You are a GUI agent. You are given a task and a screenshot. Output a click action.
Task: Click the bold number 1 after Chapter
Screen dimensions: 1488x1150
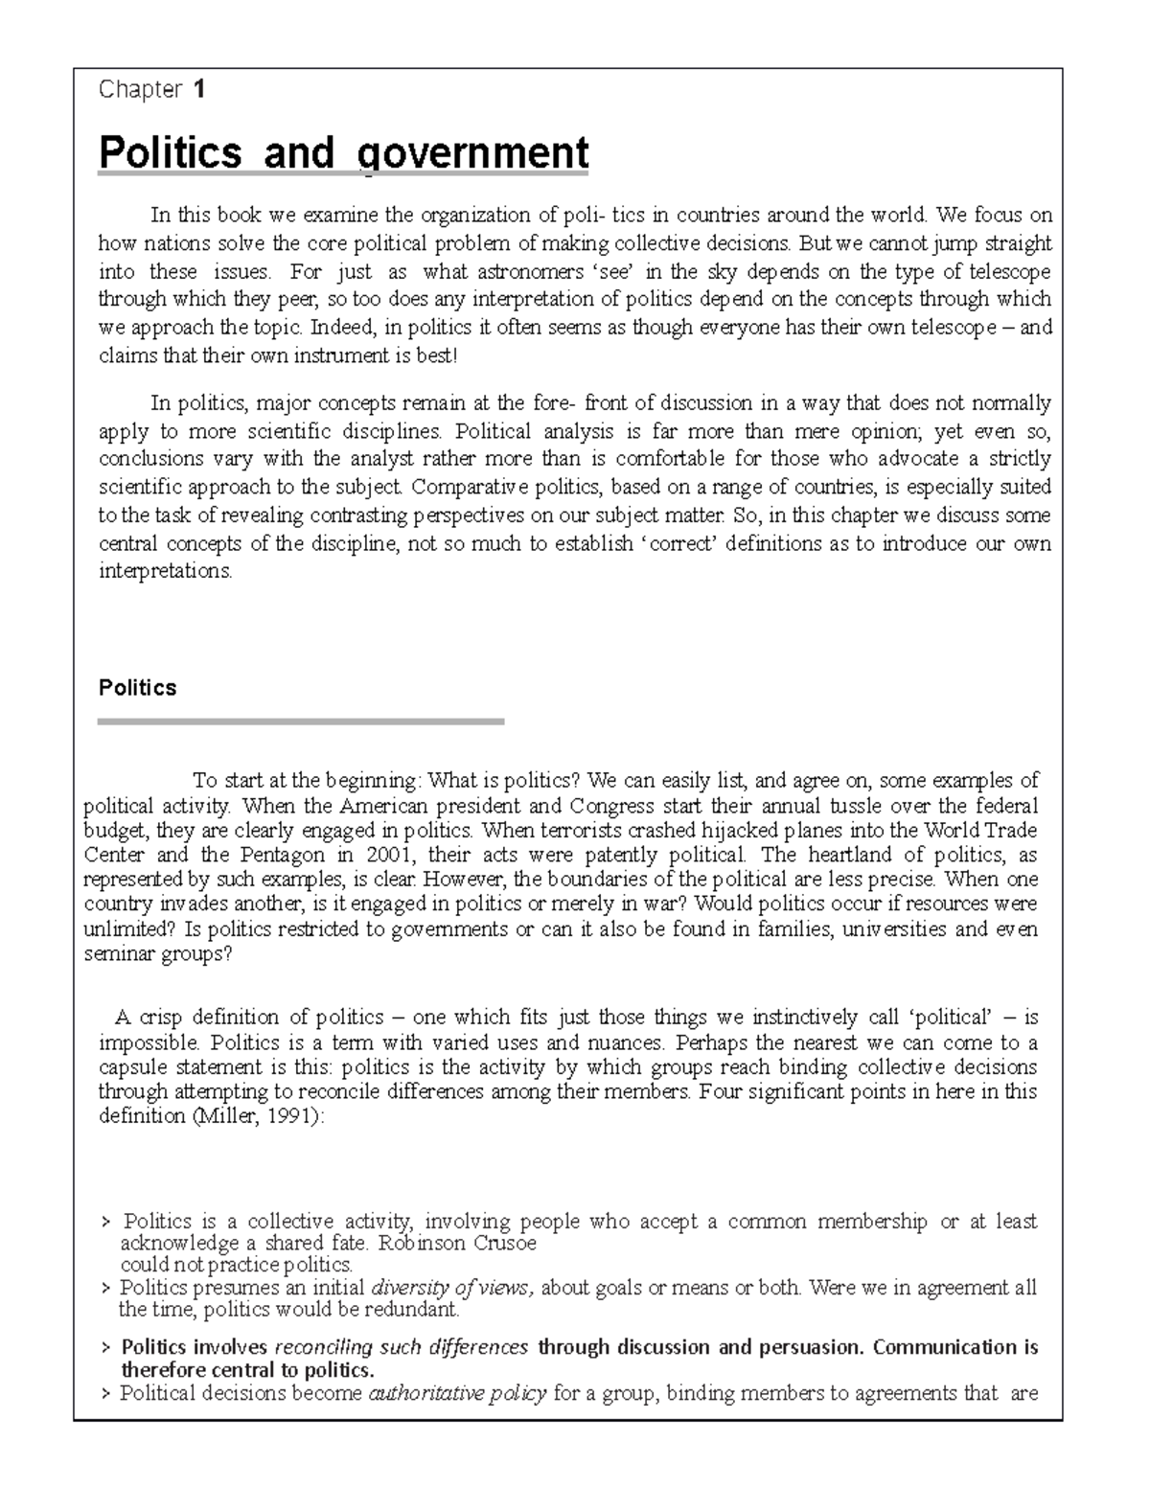coord(198,90)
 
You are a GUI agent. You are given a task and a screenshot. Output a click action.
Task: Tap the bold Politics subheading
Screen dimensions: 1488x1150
coord(138,688)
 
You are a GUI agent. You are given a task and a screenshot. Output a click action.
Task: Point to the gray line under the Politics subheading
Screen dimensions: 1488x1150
coord(301,721)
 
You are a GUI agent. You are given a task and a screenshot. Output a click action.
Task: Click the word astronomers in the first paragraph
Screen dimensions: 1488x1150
coord(530,271)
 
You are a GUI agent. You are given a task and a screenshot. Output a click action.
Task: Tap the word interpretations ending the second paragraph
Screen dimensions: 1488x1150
coord(165,571)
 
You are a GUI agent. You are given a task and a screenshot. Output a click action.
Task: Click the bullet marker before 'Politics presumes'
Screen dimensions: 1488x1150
coord(105,1289)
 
